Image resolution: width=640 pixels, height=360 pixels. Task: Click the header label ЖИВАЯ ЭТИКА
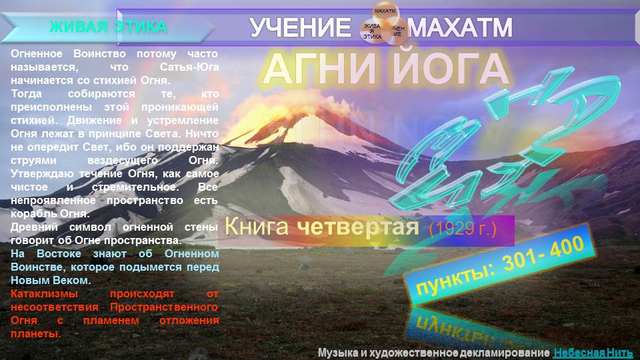pyautogui.click(x=108, y=27)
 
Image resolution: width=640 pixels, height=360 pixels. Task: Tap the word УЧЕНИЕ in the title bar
pyautogui.click(x=300, y=28)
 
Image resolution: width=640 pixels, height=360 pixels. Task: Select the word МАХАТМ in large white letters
pyautogui.click(x=461, y=28)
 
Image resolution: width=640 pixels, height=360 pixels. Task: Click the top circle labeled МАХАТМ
pyautogui.click(x=384, y=12)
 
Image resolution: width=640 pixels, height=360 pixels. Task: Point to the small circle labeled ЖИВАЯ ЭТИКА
pyautogui.click(x=372, y=31)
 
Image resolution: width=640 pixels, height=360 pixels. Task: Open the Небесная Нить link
pyautogui.click(x=593, y=352)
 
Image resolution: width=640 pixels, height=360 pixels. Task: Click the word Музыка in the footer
pyautogui.click(x=340, y=352)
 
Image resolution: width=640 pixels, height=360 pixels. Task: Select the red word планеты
pyautogui.click(x=36, y=333)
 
